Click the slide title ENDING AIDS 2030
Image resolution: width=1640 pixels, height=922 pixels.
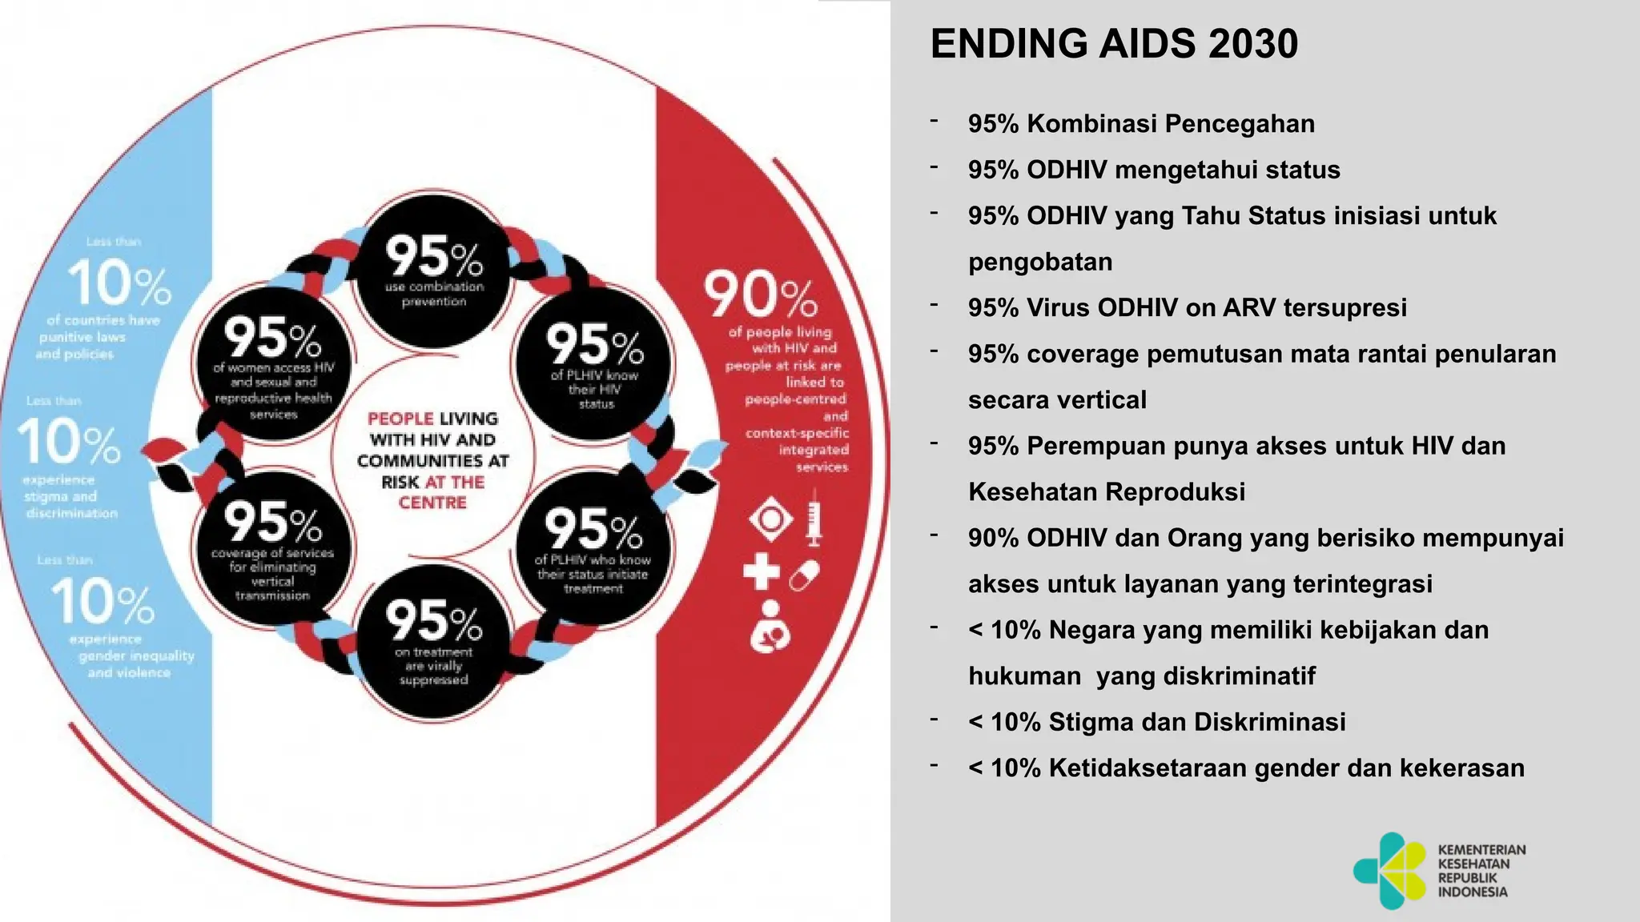(1114, 44)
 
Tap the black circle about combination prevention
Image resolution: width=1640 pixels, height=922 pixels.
(433, 271)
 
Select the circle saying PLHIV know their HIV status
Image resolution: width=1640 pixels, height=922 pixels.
(594, 364)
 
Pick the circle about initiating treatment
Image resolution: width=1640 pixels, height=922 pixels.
(593, 548)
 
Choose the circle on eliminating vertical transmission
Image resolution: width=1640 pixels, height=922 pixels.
(272, 548)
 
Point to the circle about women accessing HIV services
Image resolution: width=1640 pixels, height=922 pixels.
(273, 364)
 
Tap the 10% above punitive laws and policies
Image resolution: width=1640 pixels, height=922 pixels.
(119, 283)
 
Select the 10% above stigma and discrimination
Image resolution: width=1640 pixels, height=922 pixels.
(69, 443)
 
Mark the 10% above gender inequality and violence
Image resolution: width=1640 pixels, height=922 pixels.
(102, 602)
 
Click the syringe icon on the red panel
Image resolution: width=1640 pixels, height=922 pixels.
(814, 521)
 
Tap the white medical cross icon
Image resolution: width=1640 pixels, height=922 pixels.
(761, 571)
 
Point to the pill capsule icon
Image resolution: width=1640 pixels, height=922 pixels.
(804, 575)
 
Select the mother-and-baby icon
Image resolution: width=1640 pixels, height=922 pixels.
(770, 625)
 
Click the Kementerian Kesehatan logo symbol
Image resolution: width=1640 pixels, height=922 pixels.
(1389, 871)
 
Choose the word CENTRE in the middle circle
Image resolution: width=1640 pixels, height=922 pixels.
(432, 503)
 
